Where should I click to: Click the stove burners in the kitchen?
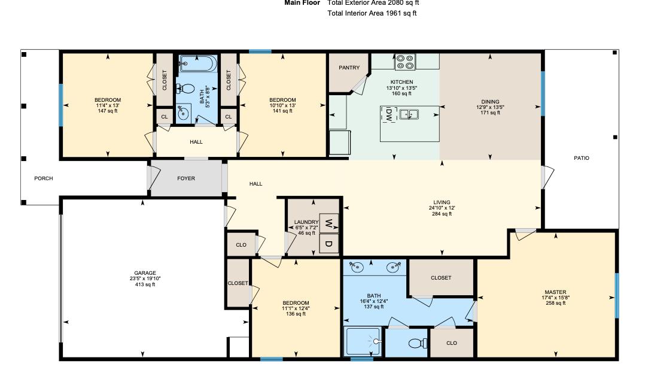[x=404, y=61]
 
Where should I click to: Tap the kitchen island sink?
[x=409, y=114]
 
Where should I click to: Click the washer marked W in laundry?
[x=328, y=223]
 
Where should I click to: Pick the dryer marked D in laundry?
[x=328, y=243]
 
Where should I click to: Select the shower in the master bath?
[x=363, y=342]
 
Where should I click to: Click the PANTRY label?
[x=349, y=68]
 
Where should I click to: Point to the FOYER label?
[x=186, y=178]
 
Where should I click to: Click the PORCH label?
[x=43, y=178]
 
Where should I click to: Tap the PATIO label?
[x=581, y=159]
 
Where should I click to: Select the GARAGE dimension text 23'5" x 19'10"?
[x=145, y=278]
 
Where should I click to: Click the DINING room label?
[x=490, y=102]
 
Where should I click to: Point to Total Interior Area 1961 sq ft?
[x=372, y=13]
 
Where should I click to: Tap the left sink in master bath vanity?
[x=358, y=267]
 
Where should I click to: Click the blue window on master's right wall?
[x=617, y=295]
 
